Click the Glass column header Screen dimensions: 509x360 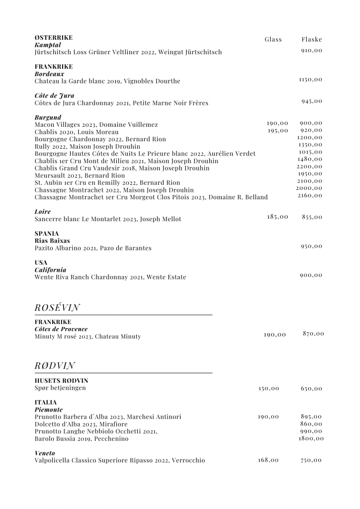273,39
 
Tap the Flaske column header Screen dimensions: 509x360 312,39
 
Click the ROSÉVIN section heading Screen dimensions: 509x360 58,308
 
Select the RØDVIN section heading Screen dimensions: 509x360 55,366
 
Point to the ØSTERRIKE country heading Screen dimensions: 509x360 54,38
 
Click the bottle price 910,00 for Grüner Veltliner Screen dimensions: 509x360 312,50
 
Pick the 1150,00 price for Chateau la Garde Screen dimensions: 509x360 310,79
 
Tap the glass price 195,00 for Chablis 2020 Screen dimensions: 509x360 277,130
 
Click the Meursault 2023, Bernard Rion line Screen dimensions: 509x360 80,175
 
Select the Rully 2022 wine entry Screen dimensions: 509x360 88,147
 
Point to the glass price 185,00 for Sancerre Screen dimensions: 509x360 277,217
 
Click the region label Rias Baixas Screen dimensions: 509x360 52,241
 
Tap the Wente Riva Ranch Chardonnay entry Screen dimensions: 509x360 110,277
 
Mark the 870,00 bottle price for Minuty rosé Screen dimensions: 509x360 313,333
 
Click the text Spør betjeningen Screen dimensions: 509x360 60,388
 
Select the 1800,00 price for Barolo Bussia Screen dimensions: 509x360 311,438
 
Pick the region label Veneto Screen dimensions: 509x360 45,453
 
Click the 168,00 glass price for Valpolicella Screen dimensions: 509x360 269,460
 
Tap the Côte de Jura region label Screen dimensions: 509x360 55,95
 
